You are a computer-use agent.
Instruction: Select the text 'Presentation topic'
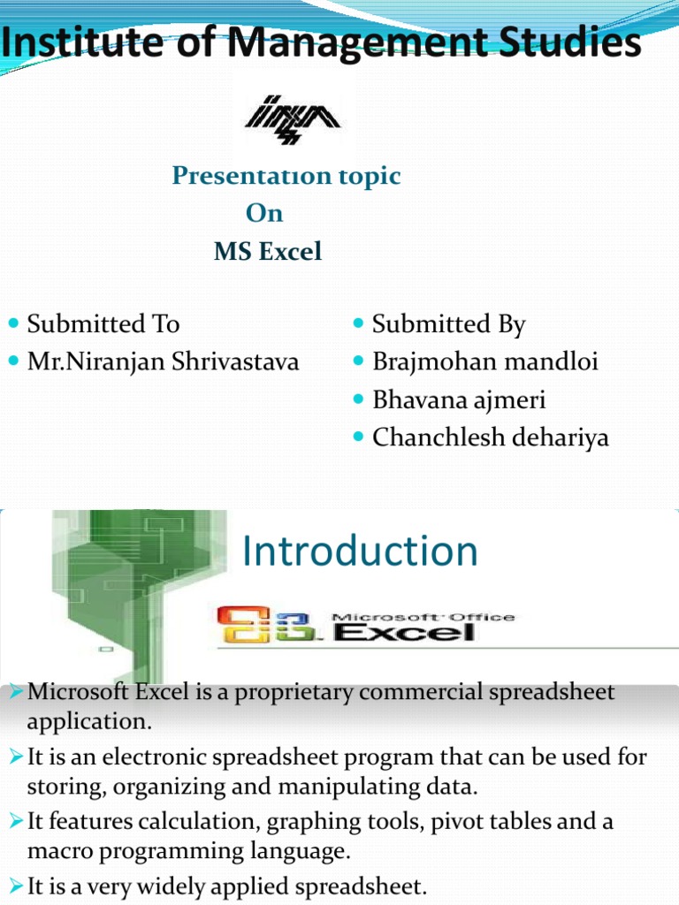point(286,176)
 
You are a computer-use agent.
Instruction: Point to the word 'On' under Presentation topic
point(264,213)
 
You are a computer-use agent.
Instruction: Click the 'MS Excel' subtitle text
point(268,252)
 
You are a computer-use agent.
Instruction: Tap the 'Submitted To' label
point(103,323)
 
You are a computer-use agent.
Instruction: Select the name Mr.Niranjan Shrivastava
point(163,361)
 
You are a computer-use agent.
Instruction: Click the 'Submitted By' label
point(448,323)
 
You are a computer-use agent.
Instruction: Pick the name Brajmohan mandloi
point(484,361)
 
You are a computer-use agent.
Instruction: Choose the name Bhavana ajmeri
point(459,399)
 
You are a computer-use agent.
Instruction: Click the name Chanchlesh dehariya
point(491,437)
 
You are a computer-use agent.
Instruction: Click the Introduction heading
point(360,551)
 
